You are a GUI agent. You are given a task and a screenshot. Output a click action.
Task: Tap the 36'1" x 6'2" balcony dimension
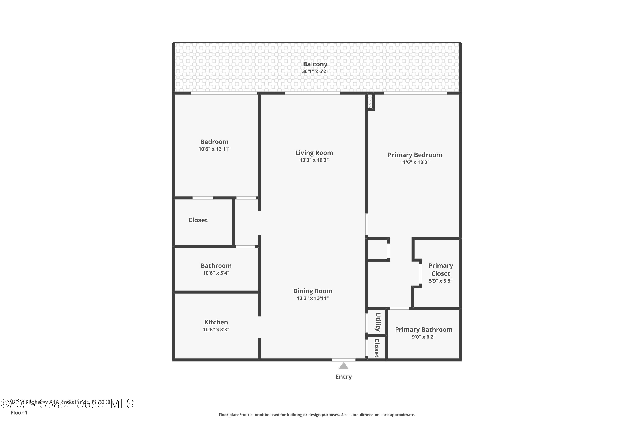[x=315, y=71]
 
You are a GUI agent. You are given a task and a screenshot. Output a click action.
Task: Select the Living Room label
[x=314, y=153]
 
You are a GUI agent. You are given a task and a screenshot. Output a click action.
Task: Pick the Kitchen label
[x=216, y=322]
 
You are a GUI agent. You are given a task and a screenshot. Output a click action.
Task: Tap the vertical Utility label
[x=378, y=322]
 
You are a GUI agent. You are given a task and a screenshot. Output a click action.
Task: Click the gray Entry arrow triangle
[x=343, y=366]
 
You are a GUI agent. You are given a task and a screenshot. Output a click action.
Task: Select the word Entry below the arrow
[x=343, y=377]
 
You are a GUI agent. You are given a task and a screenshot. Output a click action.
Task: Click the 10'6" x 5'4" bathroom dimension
[x=216, y=273]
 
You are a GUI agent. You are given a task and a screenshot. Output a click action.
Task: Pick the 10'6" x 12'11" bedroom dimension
[x=214, y=149]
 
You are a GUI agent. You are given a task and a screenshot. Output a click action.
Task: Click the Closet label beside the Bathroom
[x=198, y=220]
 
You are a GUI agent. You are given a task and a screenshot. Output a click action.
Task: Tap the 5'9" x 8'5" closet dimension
[x=440, y=281]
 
